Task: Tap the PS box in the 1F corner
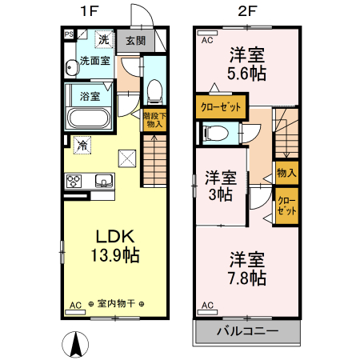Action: [x=69, y=34]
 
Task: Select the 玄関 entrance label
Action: [x=135, y=41]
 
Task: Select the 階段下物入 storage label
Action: [x=154, y=119]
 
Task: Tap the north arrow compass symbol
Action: [x=74, y=344]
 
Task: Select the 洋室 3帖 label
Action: [x=218, y=185]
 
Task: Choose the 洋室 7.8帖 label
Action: [x=247, y=268]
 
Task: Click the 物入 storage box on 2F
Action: [x=286, y=172]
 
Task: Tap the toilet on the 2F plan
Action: [x=218, y=134]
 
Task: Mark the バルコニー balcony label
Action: [x=247, y=330]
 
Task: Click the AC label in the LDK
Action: [x=76, y=305]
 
